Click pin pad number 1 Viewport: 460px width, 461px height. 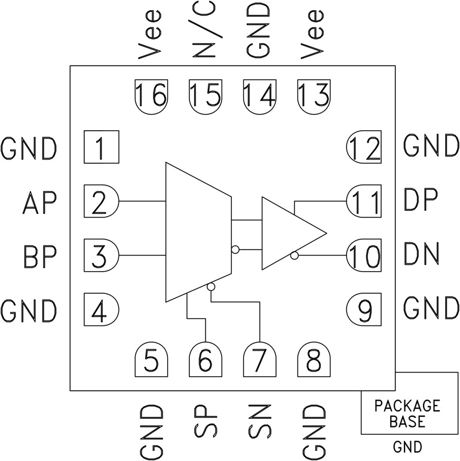coord(101,147)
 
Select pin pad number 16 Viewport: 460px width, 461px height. coord(151,94)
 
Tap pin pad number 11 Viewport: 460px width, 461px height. coord(364,202)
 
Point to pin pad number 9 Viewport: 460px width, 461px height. coord(364,309)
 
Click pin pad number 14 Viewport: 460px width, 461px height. coord(259,94)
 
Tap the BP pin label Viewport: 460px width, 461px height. coord(40,257)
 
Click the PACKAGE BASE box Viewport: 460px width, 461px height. coord(407,413)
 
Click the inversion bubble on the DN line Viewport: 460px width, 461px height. coord(294,256)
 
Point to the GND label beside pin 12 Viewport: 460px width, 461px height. coord(431,145)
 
